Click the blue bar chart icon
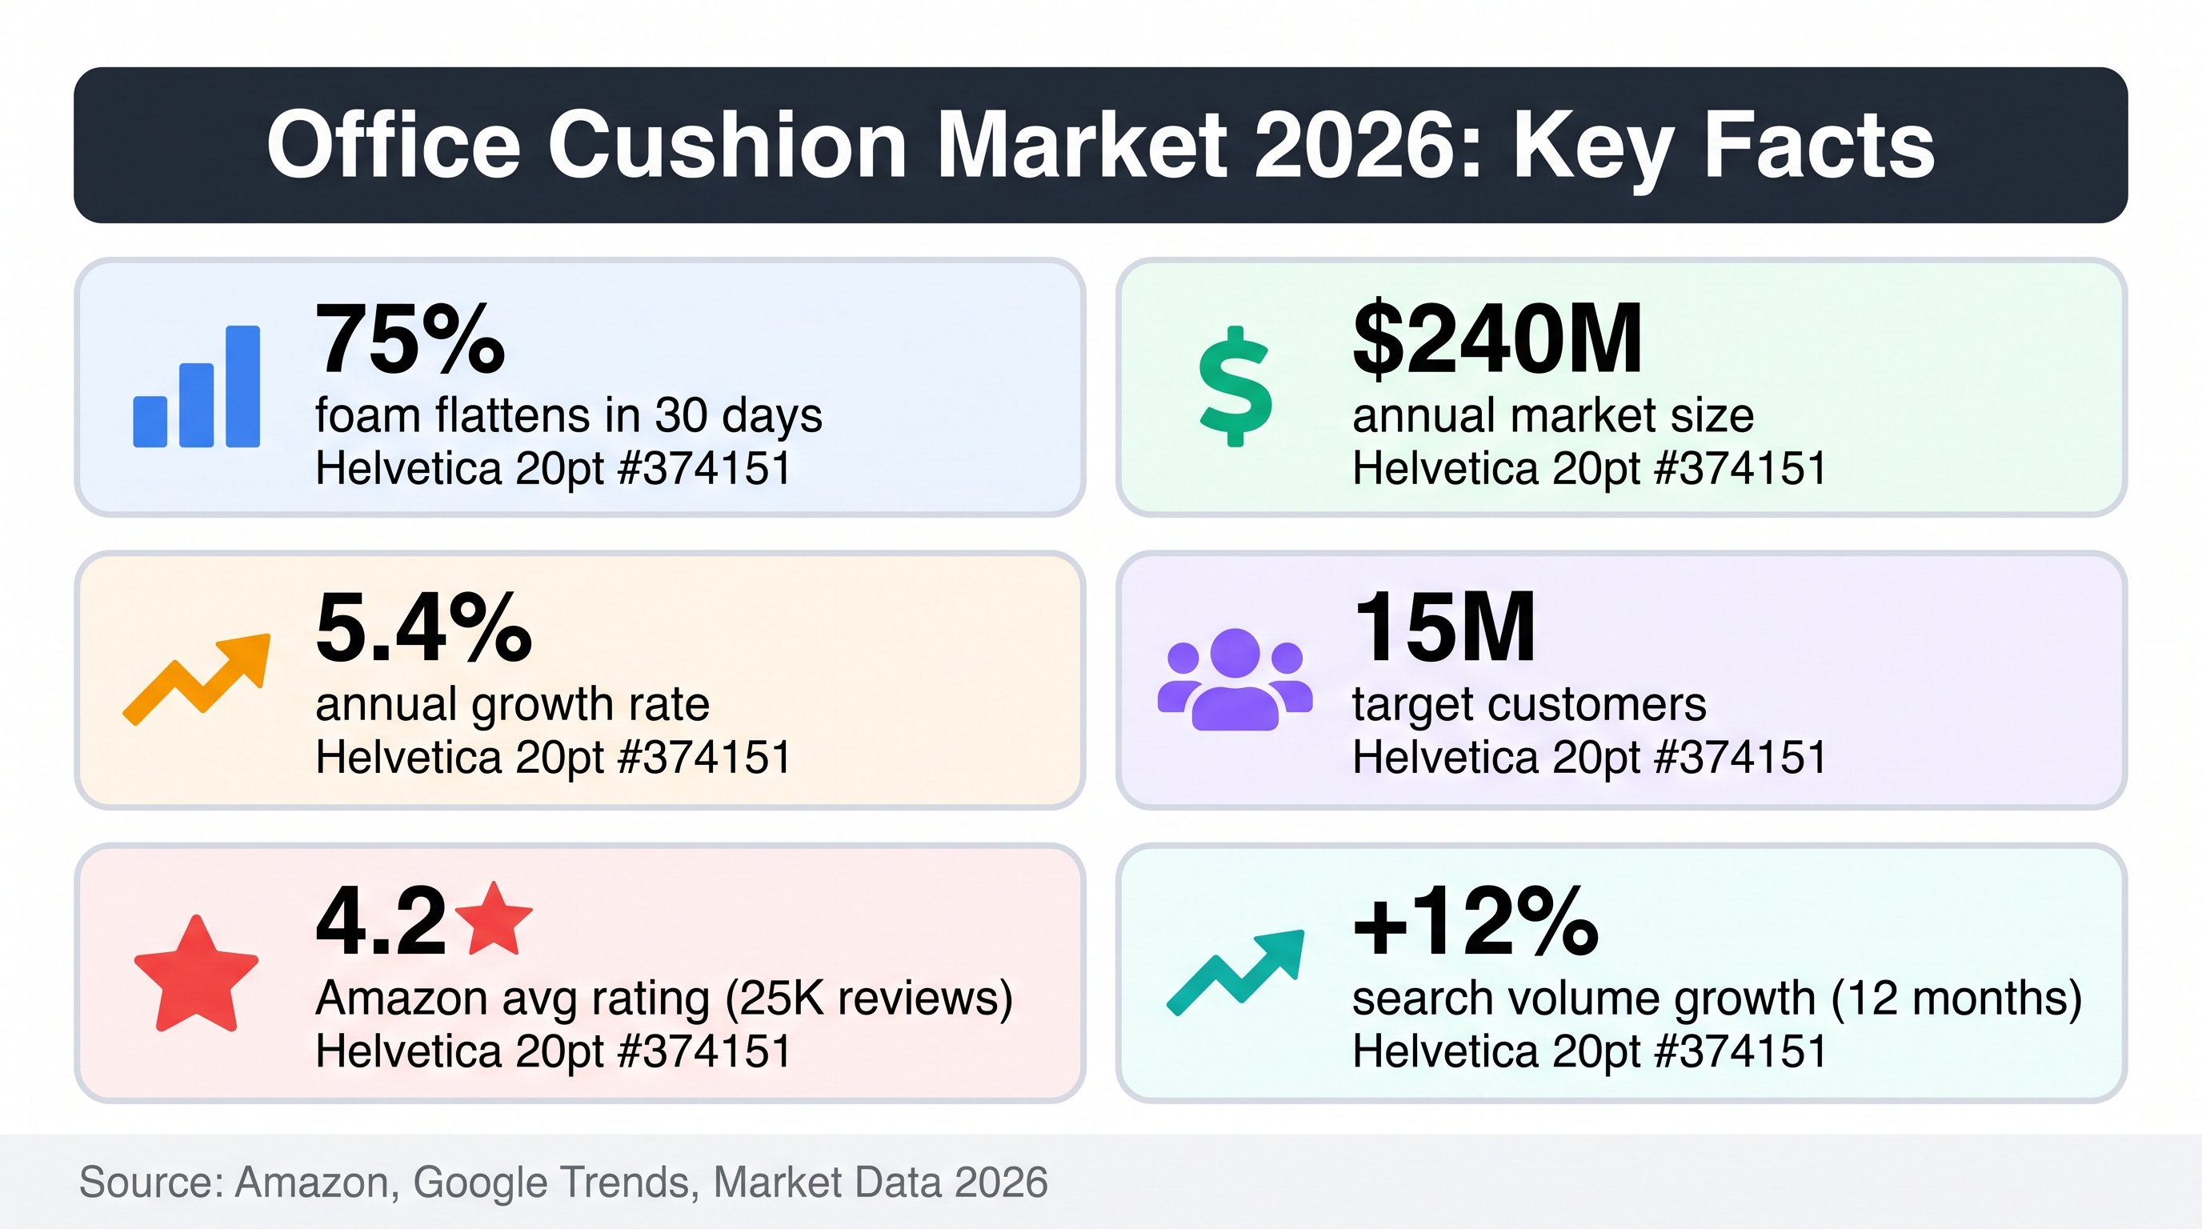click(197, 386)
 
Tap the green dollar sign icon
click(1235, 386)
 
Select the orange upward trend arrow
click(197, 679)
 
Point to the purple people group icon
click(1235, 679)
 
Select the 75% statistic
click(410, 339)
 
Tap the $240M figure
click(1497, 339)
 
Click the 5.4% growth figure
click(424, 628)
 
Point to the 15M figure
click(1444, 628)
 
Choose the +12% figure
click(1475, 921)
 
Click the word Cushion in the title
click(727, 146)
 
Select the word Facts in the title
click(1819, 146)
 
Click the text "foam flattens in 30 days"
click(568, 416)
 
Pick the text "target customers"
click(1529, 706)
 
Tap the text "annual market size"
click(1553, 416)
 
